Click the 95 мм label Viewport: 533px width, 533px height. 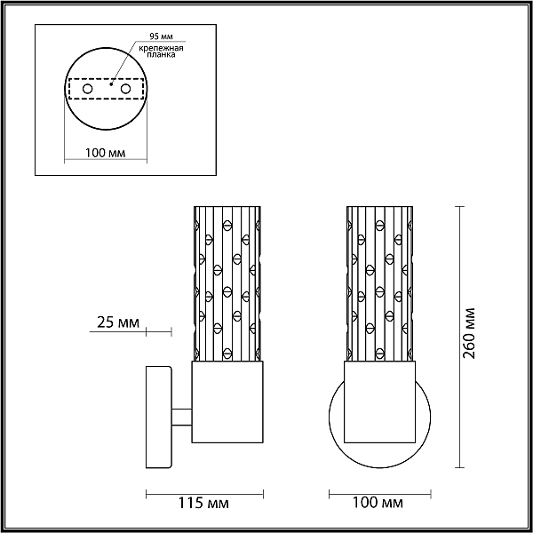162,36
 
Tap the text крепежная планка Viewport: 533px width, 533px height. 161,51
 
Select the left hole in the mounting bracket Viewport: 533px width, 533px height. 87,89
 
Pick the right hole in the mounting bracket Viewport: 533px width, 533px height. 125,89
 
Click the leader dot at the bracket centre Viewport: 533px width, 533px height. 111,84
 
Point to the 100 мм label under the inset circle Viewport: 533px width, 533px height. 105,153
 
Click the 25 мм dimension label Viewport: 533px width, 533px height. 118,322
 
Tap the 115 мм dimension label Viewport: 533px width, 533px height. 203,503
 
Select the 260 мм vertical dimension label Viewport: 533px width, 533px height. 469,333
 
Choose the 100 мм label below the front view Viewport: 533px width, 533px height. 378,503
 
